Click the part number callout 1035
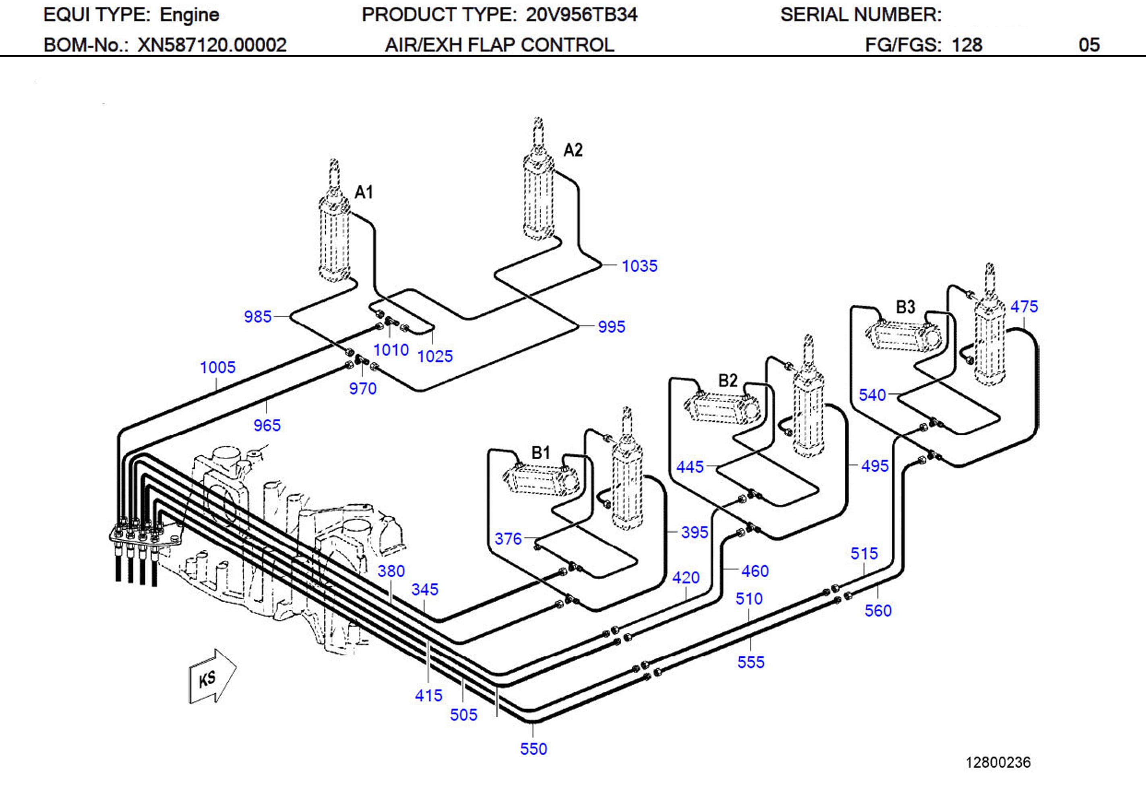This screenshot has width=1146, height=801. pos(639,266)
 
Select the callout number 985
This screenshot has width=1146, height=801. pos(258,316)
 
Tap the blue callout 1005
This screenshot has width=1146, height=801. pos(217,367)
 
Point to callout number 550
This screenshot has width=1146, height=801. pos(534,749)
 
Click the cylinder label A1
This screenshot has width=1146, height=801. pos(363,192)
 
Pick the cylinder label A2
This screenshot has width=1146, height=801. pos(573,150)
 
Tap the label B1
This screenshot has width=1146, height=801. pos(540,453)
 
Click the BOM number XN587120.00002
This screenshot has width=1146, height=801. pos(212,45)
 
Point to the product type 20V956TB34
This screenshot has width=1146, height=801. pos(581,15)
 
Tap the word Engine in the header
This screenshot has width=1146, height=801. pos(189,15)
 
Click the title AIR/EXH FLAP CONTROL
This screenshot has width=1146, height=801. pos(499,45)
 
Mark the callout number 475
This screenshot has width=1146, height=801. pos(1024,306)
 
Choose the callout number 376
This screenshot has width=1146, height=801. pos(508,539)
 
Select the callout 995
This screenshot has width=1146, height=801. pos(611,327)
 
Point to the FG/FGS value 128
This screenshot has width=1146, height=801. pos(967,45)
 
